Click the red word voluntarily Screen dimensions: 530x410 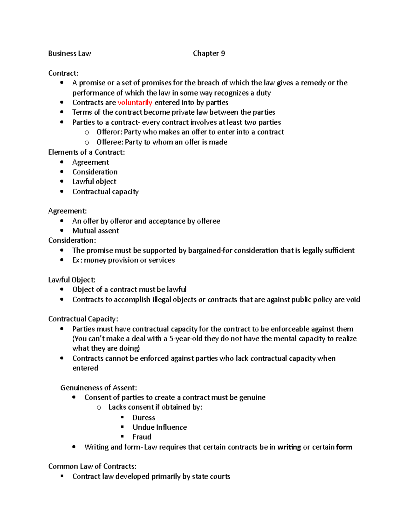[135, 102]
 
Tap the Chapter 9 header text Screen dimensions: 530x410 [209, 53]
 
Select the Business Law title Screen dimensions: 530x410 [69, 53]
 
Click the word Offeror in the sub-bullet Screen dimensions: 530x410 [109, 132]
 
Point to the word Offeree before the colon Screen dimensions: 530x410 [109, 142]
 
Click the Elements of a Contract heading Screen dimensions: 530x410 [86, 152]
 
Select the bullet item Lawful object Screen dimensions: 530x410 [94, 182]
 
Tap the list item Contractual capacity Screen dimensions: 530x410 [105, 191]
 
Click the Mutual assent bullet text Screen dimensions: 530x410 [96, 231]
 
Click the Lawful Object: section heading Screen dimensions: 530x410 [72, 280]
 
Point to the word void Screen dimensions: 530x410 [353, 300]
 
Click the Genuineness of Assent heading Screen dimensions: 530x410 [98, 388]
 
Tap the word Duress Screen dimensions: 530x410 [143, 418]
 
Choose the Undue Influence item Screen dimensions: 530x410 [160, 427]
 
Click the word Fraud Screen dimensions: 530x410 [142, 437]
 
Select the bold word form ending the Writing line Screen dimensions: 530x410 [344, 447]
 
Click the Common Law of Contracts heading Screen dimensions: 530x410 [92, 466]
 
